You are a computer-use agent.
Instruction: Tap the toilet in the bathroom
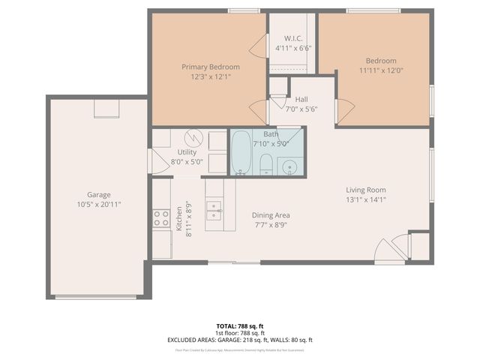[265, 164]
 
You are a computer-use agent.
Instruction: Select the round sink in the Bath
[289, 166]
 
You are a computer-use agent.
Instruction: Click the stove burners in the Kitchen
[161, 218]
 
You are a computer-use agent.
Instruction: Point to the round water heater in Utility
[194, 138]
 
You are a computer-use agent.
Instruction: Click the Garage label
[98, 193]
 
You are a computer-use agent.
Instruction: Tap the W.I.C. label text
[293, 38]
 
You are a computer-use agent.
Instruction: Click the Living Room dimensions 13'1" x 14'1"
[365, 199]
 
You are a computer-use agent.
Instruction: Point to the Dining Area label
[271, 214]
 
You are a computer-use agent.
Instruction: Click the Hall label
[301, 99]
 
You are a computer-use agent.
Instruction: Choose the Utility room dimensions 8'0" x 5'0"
[187, 161]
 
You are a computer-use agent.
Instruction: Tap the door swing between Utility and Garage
[159, 161]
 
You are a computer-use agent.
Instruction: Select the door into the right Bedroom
[344, 111]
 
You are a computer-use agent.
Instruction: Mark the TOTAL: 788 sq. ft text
[240, 325]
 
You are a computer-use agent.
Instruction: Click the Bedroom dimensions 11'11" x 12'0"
[381, 71]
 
